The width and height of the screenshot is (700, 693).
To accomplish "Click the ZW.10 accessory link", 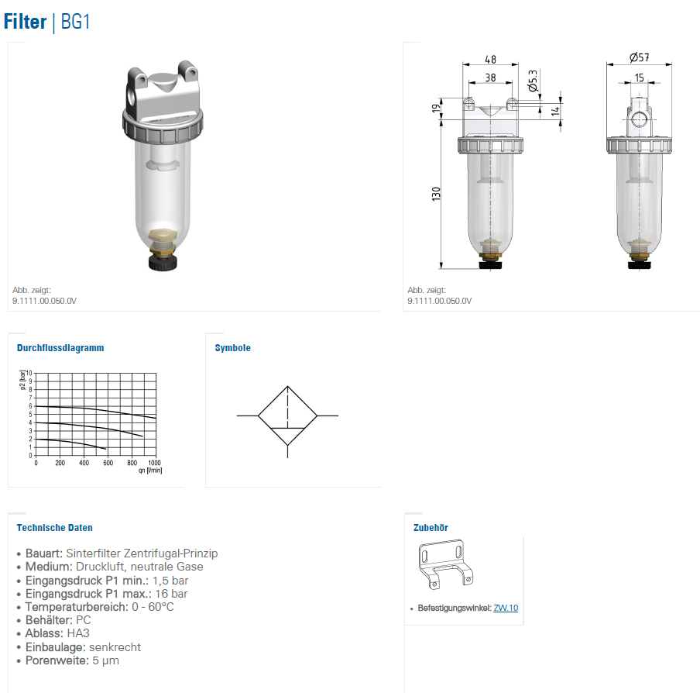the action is click(506, 608).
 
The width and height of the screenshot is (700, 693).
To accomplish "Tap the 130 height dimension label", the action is click(436, 194).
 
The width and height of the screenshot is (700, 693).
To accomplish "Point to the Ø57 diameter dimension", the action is click(639, 57).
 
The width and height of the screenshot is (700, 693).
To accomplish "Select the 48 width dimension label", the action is click(490, 60).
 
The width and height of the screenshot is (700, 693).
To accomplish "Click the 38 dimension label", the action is click(490, 78).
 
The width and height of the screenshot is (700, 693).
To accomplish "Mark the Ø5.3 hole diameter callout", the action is click(533, 81).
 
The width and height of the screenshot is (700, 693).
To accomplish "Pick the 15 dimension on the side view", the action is click(640, 78).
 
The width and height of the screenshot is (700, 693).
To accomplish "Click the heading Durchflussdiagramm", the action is click(60, 348).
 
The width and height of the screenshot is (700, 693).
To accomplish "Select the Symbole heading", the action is click(232, 348).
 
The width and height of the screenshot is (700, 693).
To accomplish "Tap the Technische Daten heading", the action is click(54, 528).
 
